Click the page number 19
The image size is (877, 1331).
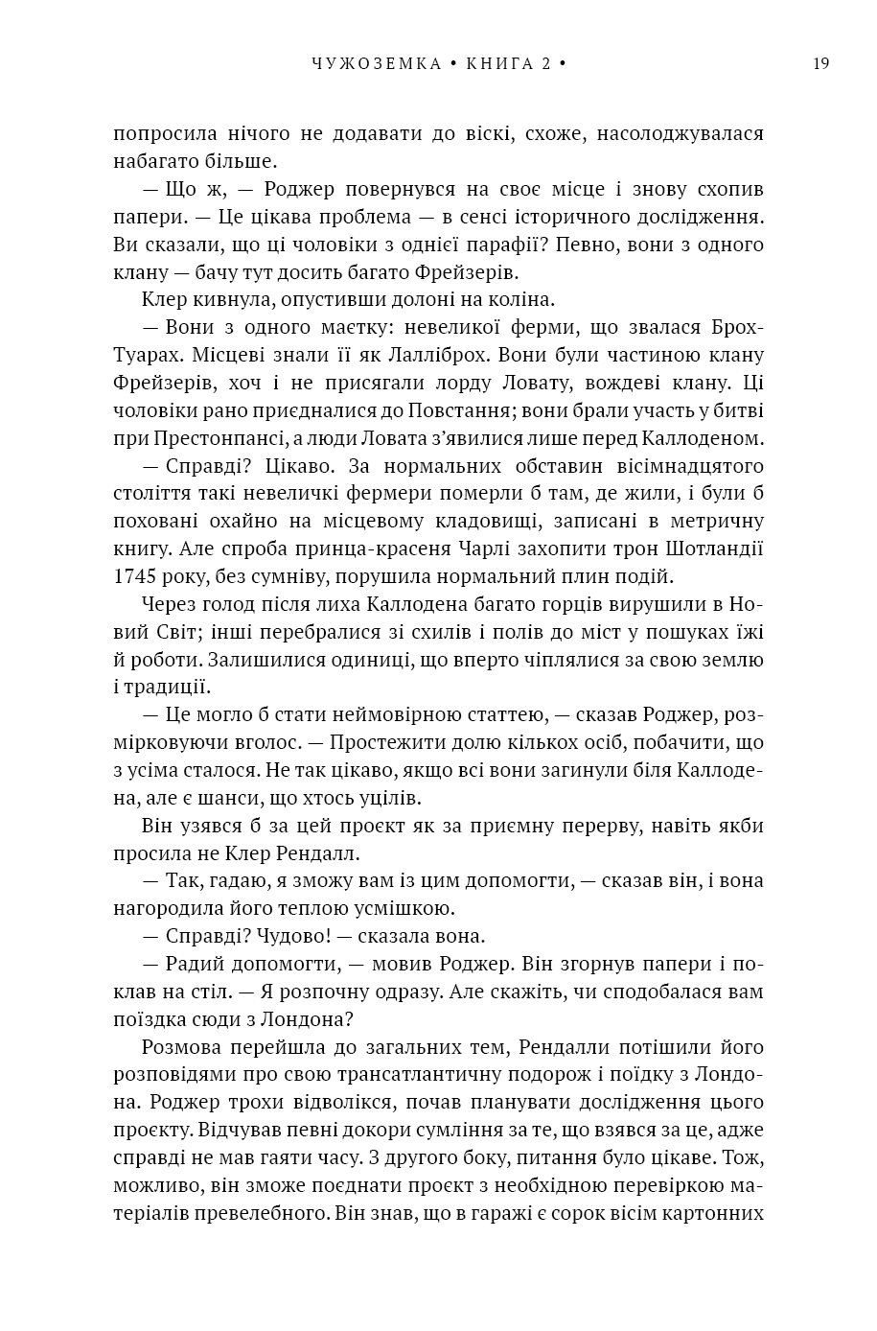820,64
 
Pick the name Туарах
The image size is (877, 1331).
143,355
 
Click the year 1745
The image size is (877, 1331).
134,577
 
